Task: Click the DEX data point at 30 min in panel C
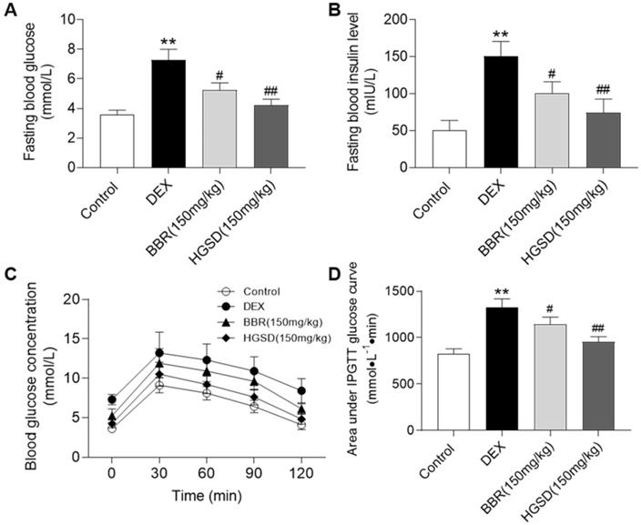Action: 160,353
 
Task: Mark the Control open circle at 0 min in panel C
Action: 112,428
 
